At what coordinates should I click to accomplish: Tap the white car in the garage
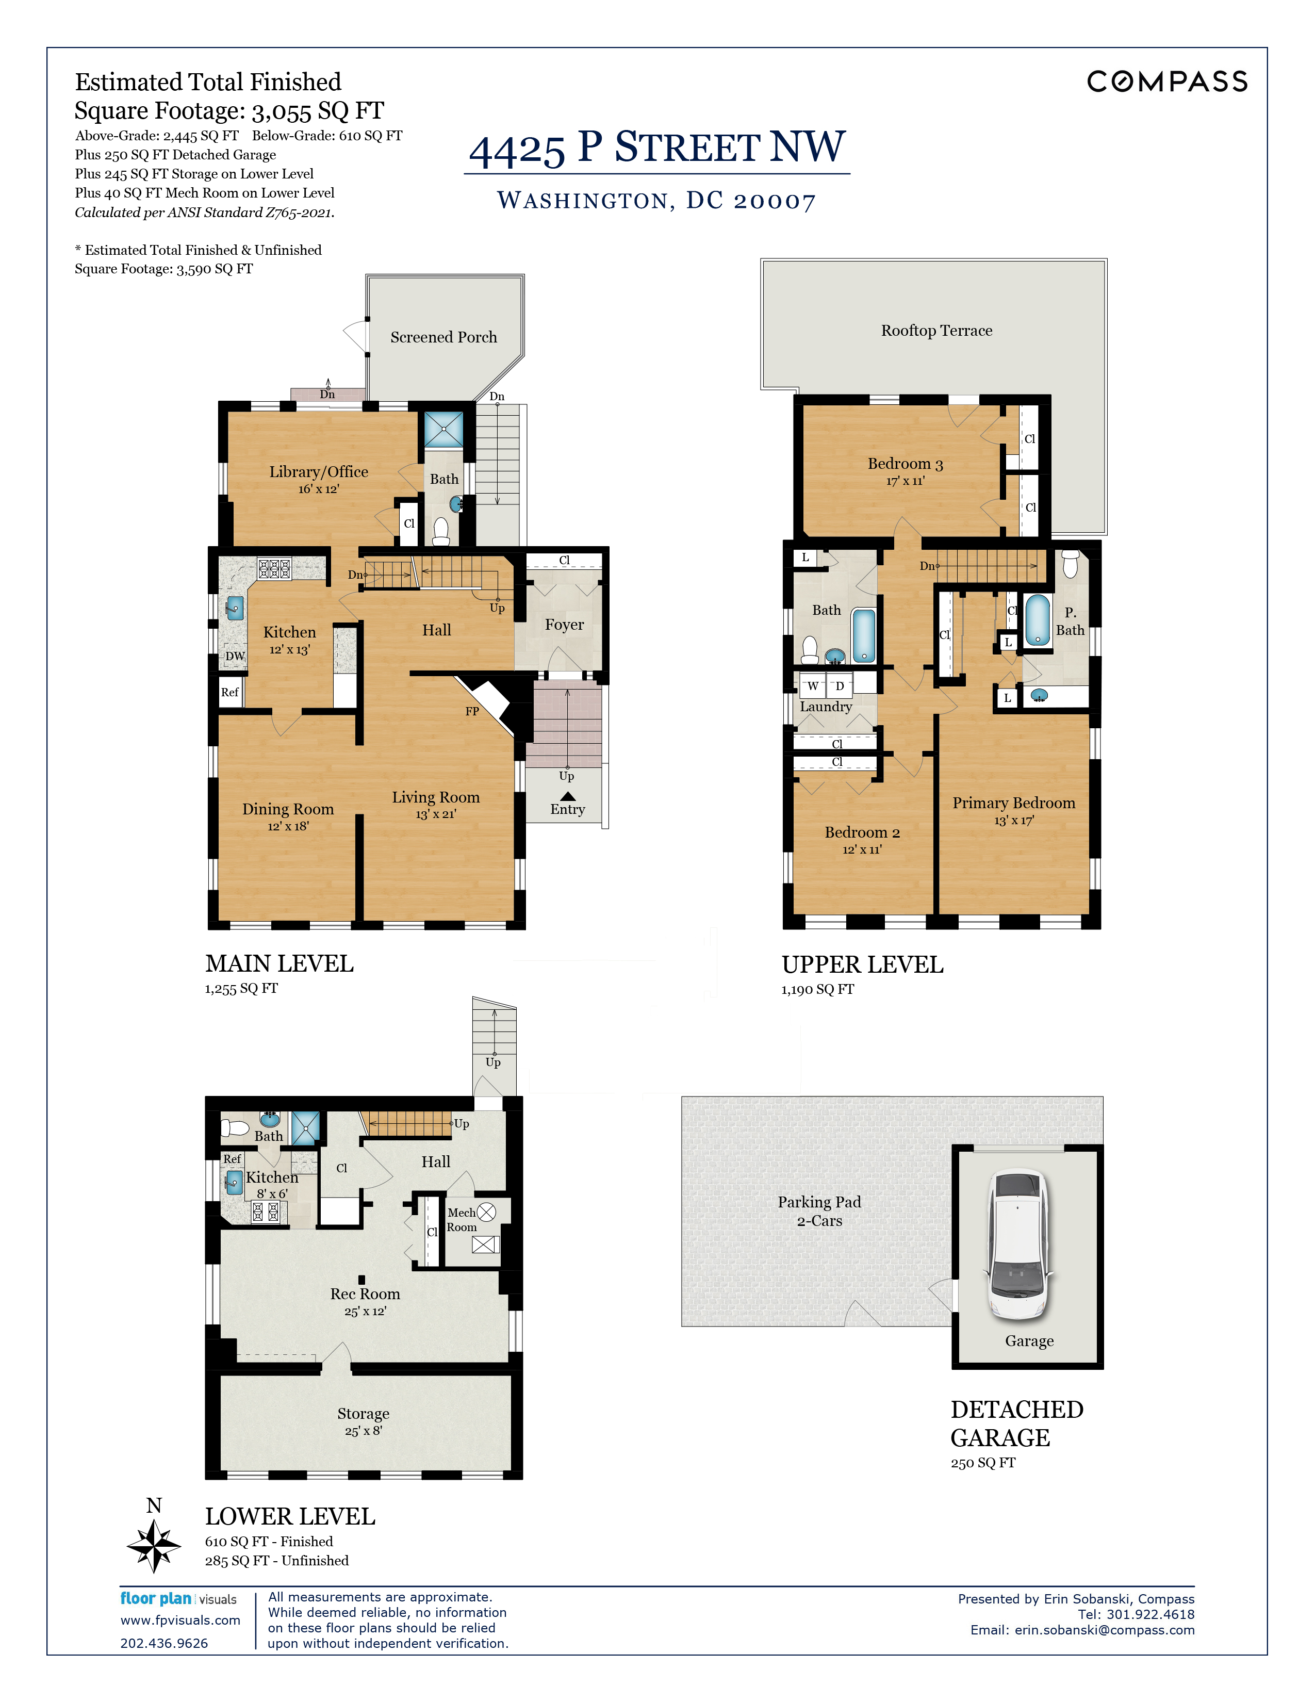click(1019, 1245)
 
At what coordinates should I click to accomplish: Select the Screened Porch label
click(443, 337)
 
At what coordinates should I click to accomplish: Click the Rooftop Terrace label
click(936, 331)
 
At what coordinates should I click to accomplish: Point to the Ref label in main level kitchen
click(230, 692)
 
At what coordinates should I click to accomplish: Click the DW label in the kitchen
click(235, 656)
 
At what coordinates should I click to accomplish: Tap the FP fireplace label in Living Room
click(472, 711)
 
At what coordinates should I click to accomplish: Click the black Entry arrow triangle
click(568, 796)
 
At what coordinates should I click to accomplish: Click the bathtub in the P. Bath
click(1037, 620)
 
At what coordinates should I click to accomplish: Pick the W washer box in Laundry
click(813, 686)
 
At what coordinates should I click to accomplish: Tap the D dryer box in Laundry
click(840, 686)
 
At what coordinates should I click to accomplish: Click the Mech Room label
click(461, 1220)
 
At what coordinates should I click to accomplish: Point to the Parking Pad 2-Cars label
click(819, 1211)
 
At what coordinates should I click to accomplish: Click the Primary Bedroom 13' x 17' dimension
click(1013, 821)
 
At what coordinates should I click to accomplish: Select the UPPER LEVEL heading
click(862, 965)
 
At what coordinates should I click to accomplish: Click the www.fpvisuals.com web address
click(180, 1620)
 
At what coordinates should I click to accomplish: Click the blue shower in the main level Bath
click(443, 430)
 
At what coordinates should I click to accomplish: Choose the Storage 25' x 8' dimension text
click(363, 1431)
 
